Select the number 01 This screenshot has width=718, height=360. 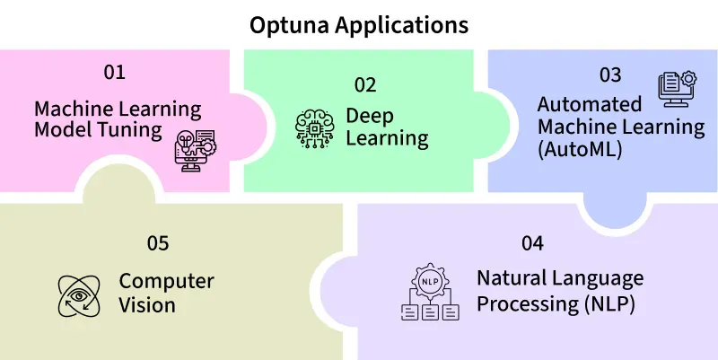click(x=114, y=72)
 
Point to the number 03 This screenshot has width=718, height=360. click(x=611, y=75)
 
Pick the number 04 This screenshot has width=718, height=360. click(x=532, y=243)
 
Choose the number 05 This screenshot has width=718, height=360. click(x=158, y=243)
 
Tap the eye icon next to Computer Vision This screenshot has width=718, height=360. click(x=76, y=294)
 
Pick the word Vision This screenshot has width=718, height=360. click(x=147, y=304)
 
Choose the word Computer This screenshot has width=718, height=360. click(x=167, y=281)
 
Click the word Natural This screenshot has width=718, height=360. click(x=510, y=279)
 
